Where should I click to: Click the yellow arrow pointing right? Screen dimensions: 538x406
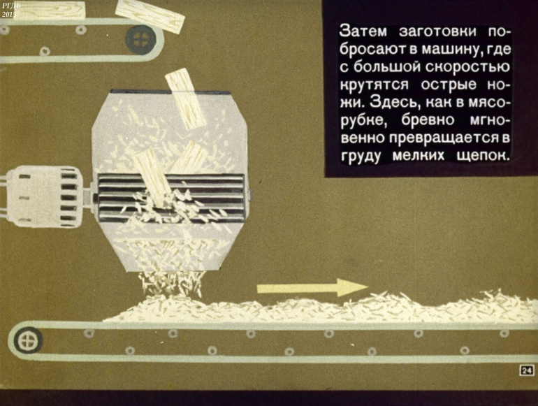point(312,288)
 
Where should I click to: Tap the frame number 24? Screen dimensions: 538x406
point(527,370)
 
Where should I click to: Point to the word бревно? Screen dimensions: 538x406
point(428,120)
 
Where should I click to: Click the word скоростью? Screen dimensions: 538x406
point(467,67)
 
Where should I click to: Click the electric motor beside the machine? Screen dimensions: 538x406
point(44,196)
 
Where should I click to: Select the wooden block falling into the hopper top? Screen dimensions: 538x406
point(185,98)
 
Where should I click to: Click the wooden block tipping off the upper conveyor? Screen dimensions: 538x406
point(150,16)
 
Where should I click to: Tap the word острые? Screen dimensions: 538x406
point(449,85)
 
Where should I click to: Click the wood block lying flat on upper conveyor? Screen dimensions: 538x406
point(55,10)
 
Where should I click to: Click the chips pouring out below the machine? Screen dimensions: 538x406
point(171,283)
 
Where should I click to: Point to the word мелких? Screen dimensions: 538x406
point(419,155)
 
